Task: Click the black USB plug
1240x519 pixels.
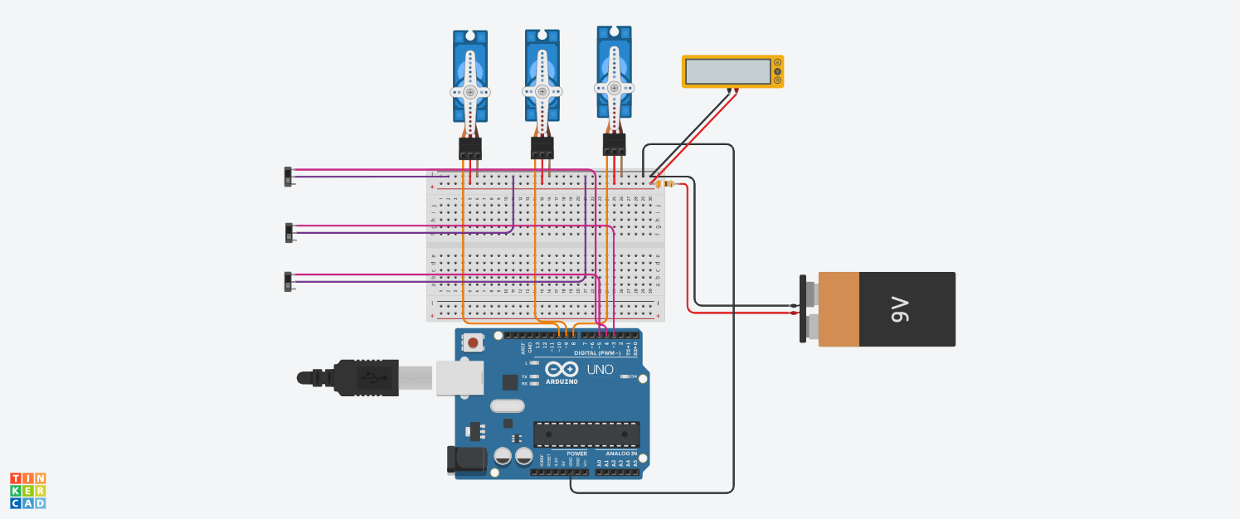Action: click(348, 377)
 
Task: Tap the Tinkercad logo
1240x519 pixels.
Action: click(27, 490)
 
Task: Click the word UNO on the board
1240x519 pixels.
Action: click(600, 370)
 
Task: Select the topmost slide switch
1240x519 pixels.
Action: click(289, 177)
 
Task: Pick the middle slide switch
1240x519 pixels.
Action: click(289, 232)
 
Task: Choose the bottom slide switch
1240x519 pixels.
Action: click(289, 282)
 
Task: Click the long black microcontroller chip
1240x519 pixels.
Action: click(586, 433)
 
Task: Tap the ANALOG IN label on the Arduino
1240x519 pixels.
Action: click(620, 454)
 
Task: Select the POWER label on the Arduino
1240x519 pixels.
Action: click(576, 454)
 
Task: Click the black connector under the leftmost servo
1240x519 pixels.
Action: click(470, 148)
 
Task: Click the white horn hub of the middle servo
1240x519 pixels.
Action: click(542, 92)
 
